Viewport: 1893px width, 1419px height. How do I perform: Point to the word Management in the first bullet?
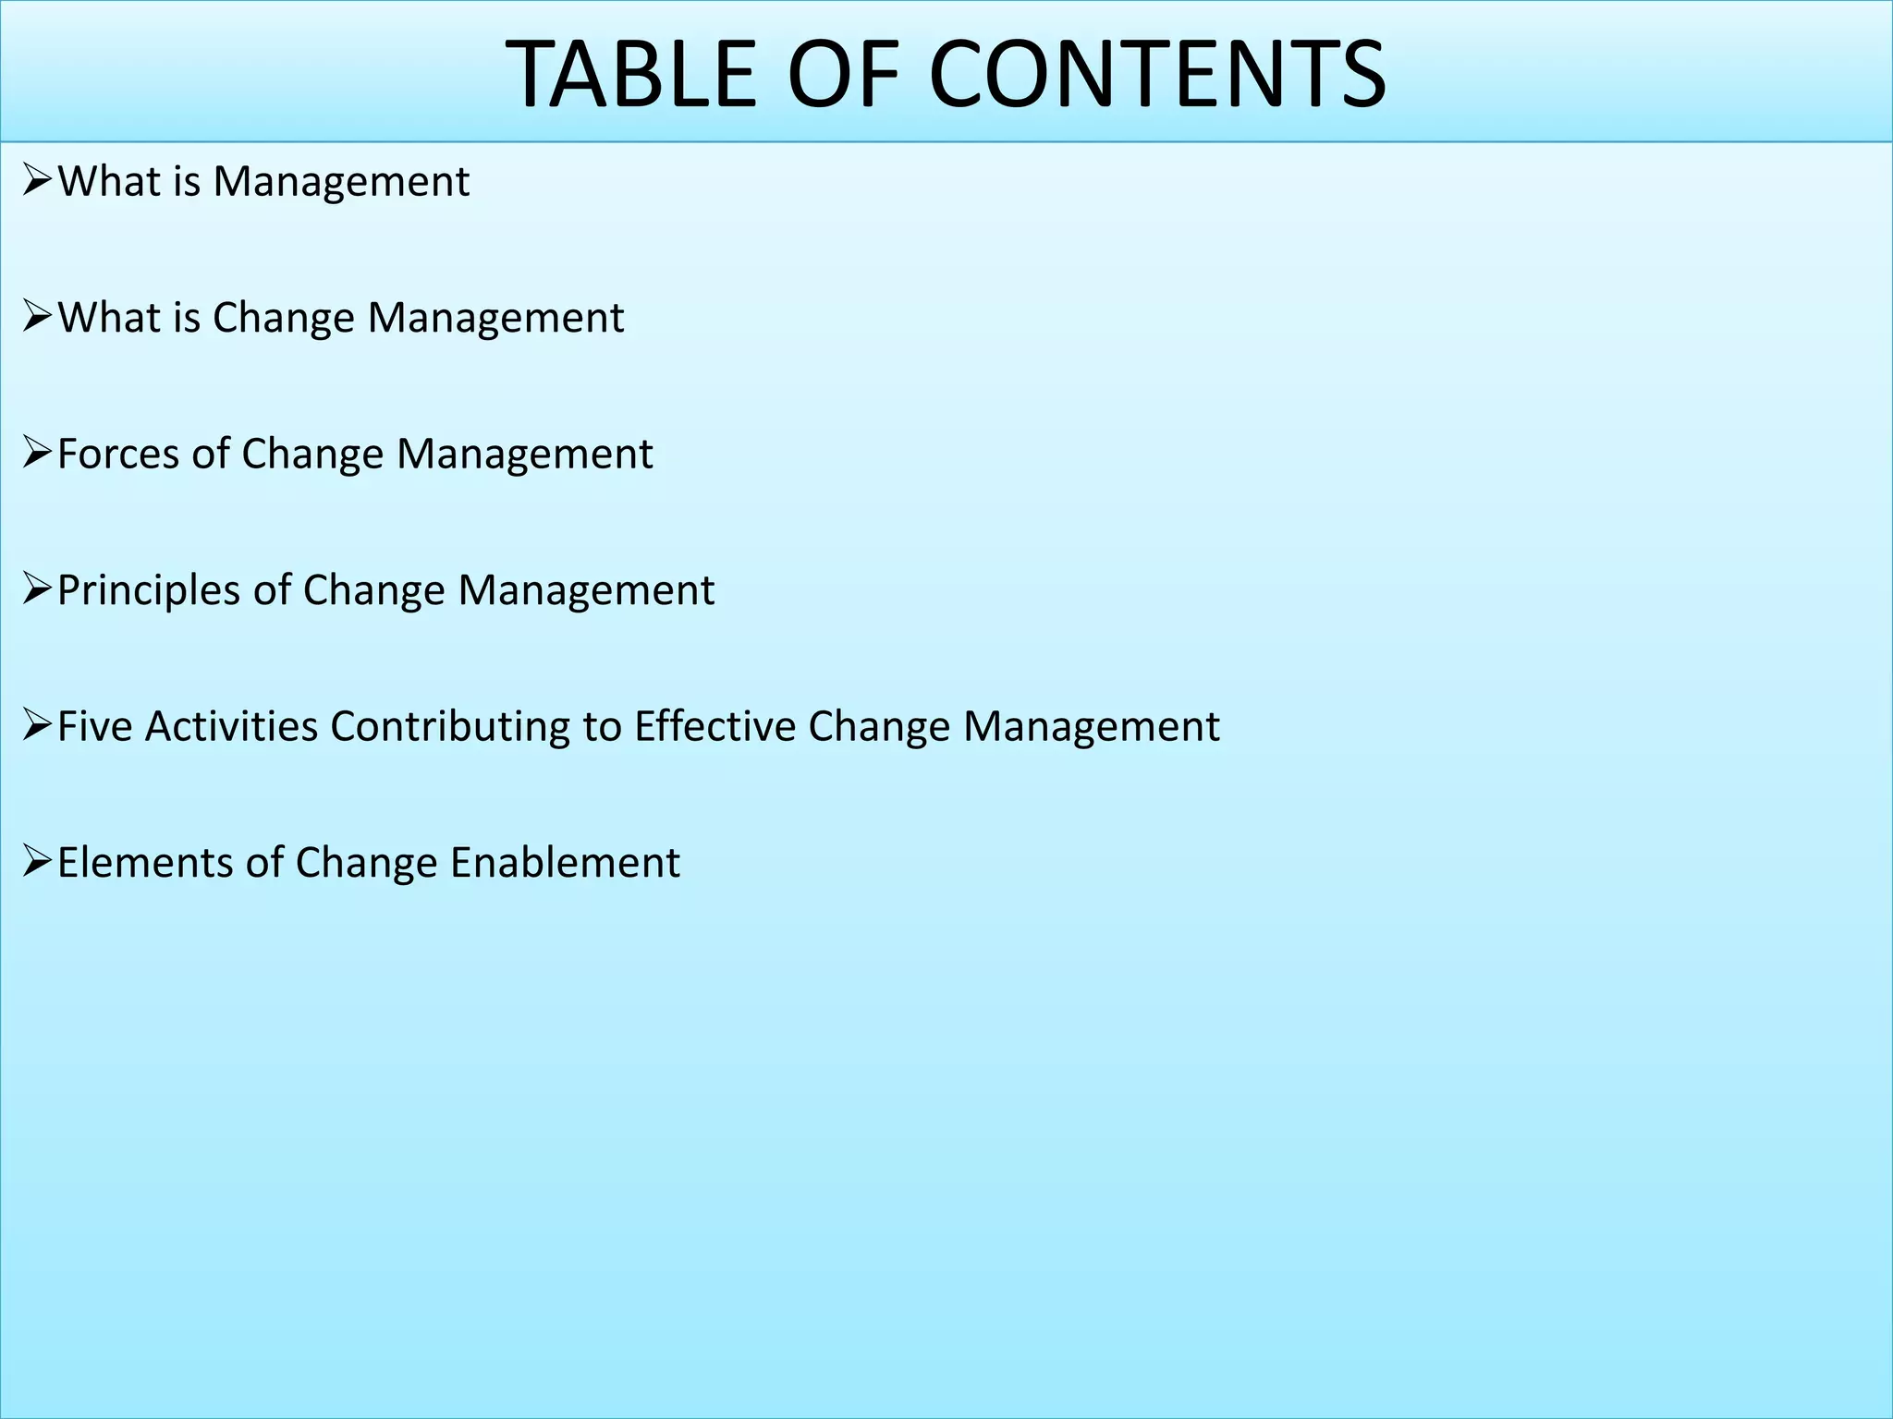[x=341, y=182]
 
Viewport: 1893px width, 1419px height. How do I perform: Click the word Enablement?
[x=565, y=863]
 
